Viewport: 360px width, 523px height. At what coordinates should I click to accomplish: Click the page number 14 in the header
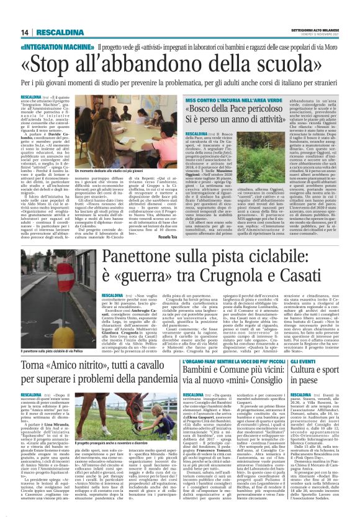[25, 33]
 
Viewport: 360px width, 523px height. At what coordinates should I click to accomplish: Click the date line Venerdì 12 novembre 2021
[316, 35]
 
